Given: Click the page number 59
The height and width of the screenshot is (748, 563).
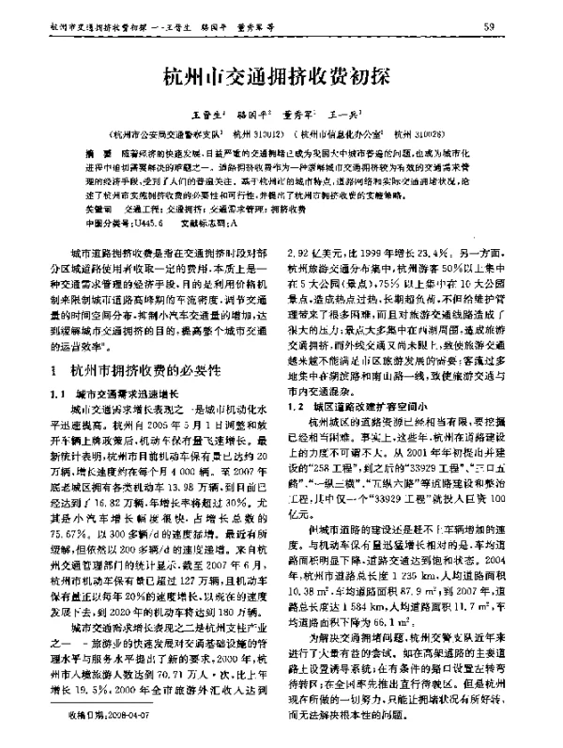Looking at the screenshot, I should tap(514, 26).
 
